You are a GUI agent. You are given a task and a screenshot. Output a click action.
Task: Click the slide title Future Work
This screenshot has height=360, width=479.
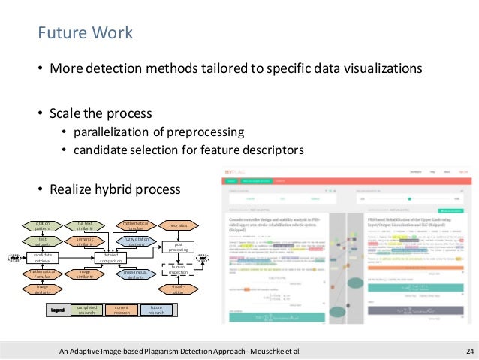pos(86,33)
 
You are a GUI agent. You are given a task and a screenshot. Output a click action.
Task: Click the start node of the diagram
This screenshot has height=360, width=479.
pos(14,258)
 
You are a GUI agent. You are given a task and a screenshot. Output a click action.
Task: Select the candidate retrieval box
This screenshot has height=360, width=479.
pos(43,258)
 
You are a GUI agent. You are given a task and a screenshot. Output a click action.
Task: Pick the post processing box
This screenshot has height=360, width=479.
pos(178,246)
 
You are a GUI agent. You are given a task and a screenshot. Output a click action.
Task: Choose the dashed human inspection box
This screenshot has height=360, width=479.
pos(178,269)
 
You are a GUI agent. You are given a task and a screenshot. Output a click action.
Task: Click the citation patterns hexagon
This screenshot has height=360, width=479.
pos(43,225)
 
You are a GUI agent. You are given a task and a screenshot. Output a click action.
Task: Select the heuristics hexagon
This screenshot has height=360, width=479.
pos(178,225)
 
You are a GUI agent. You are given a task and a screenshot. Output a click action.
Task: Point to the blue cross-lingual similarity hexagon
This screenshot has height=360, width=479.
pos(136,274)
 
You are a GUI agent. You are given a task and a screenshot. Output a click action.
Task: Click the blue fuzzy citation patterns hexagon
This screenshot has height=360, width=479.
pos(136,241)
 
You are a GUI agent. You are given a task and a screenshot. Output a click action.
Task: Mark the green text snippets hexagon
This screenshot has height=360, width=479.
pos(43,241)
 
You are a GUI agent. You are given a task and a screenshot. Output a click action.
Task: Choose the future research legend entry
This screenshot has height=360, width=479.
pos(156,310)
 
